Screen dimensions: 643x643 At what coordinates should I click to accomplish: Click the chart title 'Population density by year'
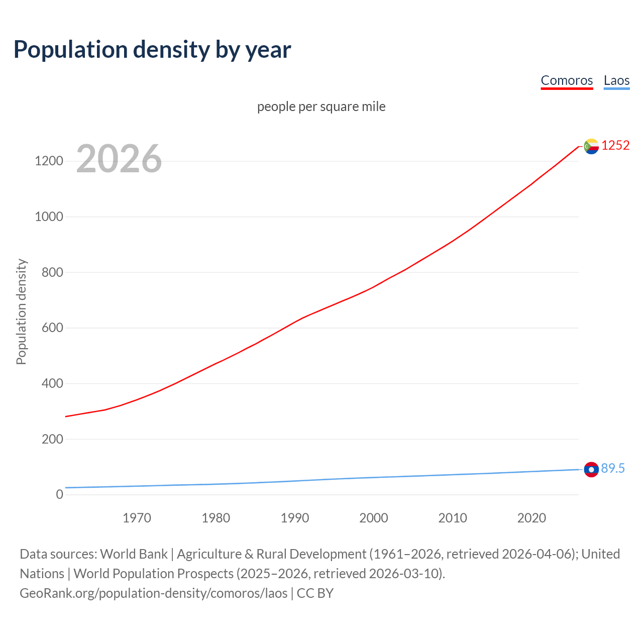coord(152,50)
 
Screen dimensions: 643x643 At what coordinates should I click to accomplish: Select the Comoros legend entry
coord(567,80)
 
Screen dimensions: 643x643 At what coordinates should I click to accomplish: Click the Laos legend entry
coord(616,80)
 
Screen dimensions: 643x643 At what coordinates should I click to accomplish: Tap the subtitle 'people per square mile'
coord(321,106)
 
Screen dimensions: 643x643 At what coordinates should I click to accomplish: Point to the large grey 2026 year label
coord(119,159)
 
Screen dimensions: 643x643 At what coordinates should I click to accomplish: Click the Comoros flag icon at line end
coord(591,146)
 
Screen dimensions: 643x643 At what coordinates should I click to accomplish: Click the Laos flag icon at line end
coord(591,469)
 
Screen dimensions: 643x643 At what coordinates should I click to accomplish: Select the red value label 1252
coord(615,145)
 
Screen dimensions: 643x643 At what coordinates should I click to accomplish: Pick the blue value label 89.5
coord(613,468)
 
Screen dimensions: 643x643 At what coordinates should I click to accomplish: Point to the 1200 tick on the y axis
coord(49,161)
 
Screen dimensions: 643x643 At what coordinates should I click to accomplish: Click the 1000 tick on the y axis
coord(49,217)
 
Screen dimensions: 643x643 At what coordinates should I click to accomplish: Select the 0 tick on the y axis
coord(59,494)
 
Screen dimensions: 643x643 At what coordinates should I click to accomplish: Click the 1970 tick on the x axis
coord(137,518)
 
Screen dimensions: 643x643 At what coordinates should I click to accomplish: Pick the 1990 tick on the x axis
coord(295,518)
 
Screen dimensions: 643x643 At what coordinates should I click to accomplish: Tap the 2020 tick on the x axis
coord(531,518)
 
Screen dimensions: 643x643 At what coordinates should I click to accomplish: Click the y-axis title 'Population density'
coord(21,311)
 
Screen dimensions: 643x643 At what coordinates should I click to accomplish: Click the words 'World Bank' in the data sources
coord(134,554)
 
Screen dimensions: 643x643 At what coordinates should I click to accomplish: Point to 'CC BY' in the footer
coord(315,593)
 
